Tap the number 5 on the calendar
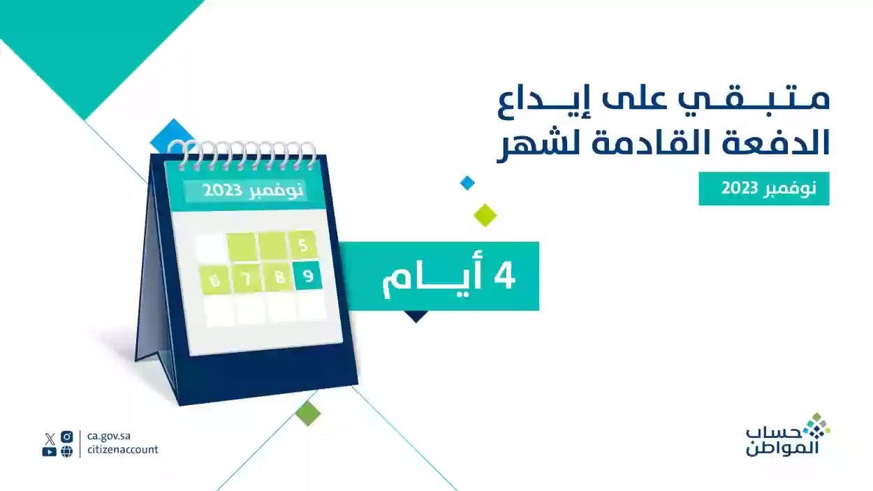302,245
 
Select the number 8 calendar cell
279,279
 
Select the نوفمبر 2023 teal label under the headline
763,189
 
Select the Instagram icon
67,437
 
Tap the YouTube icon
49,451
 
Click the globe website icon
67,451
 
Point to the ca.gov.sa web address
110,436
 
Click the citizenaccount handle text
123,450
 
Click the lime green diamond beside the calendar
485,215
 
